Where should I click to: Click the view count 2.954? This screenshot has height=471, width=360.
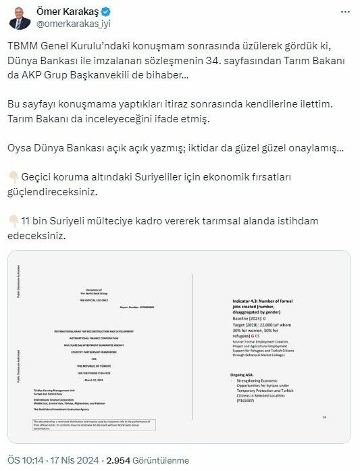pos(125,456)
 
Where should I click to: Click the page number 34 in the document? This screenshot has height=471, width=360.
pos(324,417)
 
